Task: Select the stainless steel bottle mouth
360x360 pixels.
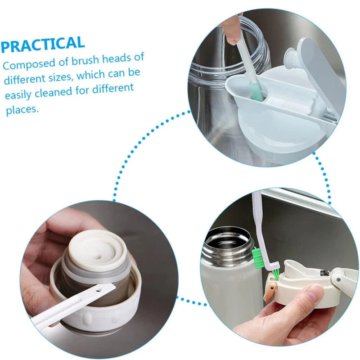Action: pyautogui.click(x=227, y=240)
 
